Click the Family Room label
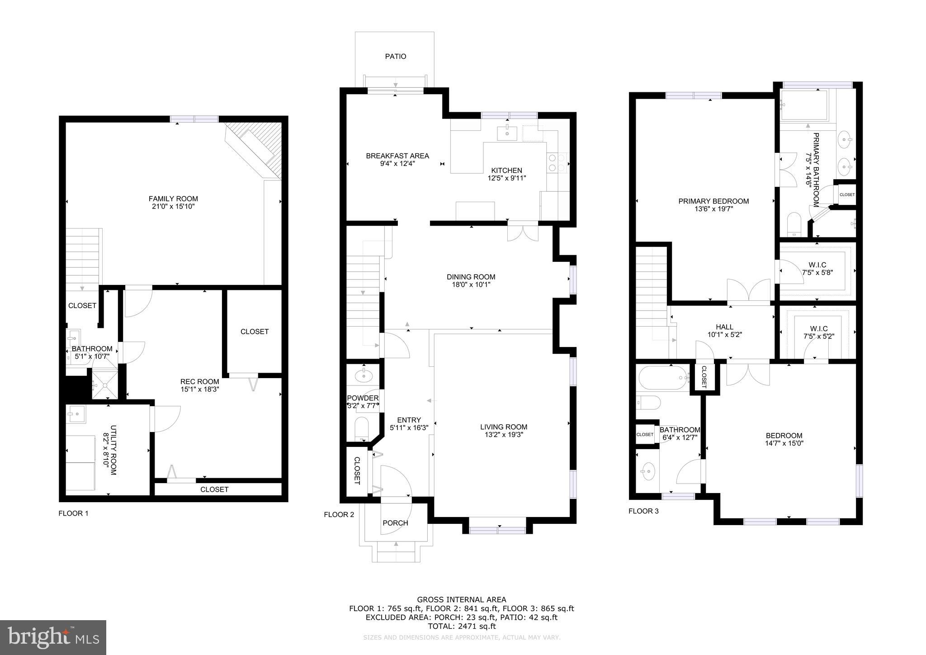[173, 199]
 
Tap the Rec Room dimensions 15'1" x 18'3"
[200, 389]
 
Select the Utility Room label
[113, 450]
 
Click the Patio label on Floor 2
[396, 57]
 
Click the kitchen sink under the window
[507, 133]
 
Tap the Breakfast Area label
[397, 156]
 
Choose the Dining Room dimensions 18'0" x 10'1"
[471, 285]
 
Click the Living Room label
[504, 427]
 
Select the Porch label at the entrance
[396, 523]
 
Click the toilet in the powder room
[362, 427]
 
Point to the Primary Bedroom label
[713, 201]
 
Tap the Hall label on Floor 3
[725, 327]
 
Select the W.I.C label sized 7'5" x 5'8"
[817, 265]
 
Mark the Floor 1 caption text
[74, 513]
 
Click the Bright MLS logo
[53, 638]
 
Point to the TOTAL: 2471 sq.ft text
[462, 627]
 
